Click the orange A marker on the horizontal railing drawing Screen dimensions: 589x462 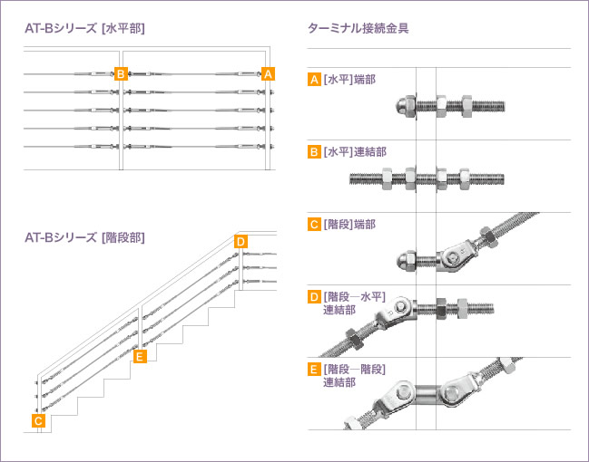[x=268, y=74]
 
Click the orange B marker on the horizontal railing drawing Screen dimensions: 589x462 [x=121, y=74]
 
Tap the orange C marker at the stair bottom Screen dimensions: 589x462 [x=38, y=420]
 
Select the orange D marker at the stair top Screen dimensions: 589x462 [x=241, y=241]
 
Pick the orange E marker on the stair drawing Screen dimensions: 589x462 [x=140, y=356]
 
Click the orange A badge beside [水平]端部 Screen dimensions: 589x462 [x=314, y=80]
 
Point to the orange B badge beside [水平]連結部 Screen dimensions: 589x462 [x=314, y=152]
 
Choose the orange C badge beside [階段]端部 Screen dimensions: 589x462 [x=314, y=225]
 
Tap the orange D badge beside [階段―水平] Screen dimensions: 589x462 [x=314, y=297]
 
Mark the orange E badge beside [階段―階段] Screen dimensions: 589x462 [x=314, y=370]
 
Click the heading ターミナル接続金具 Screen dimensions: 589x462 [x=358, y=28]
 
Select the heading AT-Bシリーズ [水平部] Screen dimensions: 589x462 [x=85, y=28]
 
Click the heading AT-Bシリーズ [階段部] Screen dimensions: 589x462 [x=85, y=237]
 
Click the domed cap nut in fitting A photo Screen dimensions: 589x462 [x=405, y=106]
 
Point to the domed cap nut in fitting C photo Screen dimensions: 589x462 [x=406, y=260]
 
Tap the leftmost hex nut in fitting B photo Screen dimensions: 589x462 [x=387, y=178]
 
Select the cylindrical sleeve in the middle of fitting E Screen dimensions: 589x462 [x=426, y=394]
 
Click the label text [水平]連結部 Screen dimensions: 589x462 [x=355, y=152]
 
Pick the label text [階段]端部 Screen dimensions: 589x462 [x=349, y=225]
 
